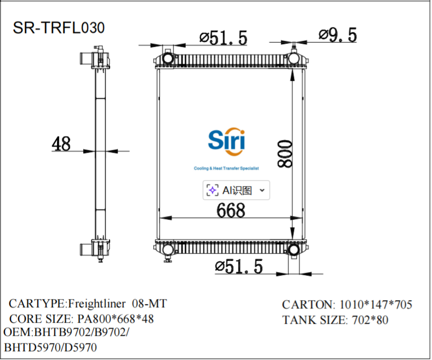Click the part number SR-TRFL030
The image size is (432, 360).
pos(59,28)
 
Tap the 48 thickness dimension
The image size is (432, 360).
pos(61,144)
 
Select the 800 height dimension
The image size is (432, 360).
pos(285,153)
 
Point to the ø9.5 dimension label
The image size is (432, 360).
pos(338,35)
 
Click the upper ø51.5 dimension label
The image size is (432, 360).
pos(224,38)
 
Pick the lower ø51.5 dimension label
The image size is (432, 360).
pos(239,267)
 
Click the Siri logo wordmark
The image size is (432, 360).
pos(227,142)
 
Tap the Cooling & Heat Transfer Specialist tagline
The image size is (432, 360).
pos(226,168)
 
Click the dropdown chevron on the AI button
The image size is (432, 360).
pos(262,190)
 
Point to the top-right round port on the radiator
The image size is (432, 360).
pos(294,57)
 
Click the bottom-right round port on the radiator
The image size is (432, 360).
pos(294,250)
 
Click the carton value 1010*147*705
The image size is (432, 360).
pos(376,305)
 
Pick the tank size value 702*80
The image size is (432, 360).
pos(368,320)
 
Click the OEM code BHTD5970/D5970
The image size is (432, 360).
pos(50,347)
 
